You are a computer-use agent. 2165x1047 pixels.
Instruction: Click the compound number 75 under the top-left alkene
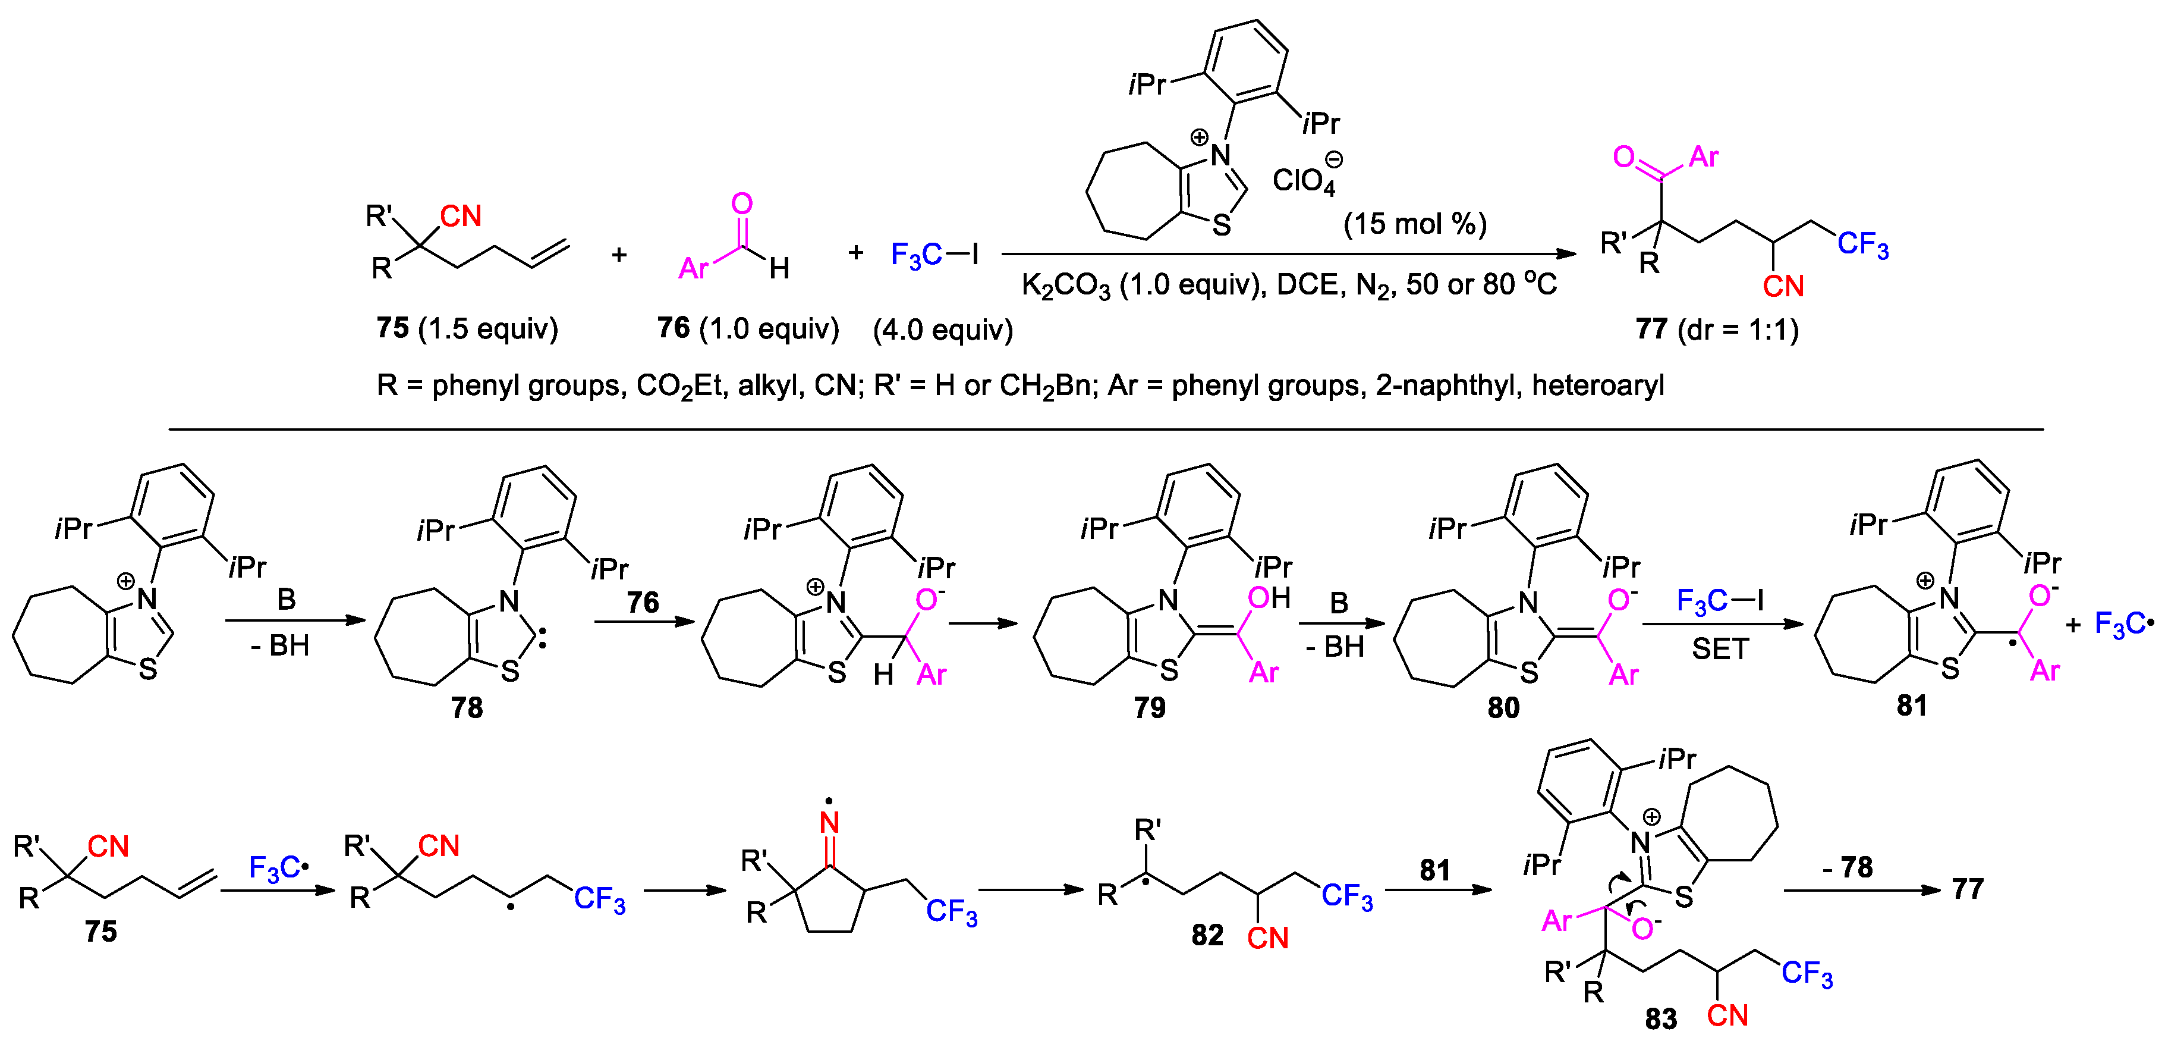[392, 328]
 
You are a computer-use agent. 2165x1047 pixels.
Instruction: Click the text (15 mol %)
[1414, 224]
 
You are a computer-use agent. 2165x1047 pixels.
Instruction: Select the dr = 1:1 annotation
[1738, 329]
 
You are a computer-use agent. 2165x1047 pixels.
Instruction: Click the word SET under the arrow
[1720, 649]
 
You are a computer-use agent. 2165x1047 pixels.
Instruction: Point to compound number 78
[467, 708]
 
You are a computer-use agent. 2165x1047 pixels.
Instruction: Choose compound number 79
[1149, 708]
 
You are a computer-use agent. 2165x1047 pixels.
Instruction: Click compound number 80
[1503, 708]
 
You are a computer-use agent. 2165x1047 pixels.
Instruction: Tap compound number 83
[1661, 1019]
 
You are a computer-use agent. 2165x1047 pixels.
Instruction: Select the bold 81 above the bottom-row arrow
[1434, 870]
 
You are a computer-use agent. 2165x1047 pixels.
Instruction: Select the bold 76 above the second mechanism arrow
[643, 602]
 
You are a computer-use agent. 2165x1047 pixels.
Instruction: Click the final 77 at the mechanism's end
[1968, 889]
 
